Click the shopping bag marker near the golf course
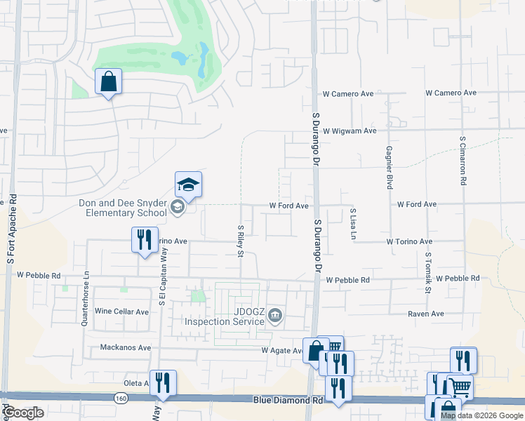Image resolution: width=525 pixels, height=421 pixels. coord(109,82)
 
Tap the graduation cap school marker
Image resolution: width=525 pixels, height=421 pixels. coord(188,185)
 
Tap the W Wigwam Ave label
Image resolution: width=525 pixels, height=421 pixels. coord(350,131)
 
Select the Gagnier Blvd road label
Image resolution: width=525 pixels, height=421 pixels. coord(389,168)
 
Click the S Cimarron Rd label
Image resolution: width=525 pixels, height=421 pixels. coord(463,161)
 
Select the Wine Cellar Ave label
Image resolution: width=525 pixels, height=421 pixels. coord(122,312)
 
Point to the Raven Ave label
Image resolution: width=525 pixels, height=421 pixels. coord(426,314)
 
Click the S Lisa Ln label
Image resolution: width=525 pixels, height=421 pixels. coord(353,222)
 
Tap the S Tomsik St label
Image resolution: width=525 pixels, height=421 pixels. coord(427,274)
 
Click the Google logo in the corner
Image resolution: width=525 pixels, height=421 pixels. coord(23,413)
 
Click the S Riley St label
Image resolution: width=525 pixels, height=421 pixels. coord(241,241)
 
